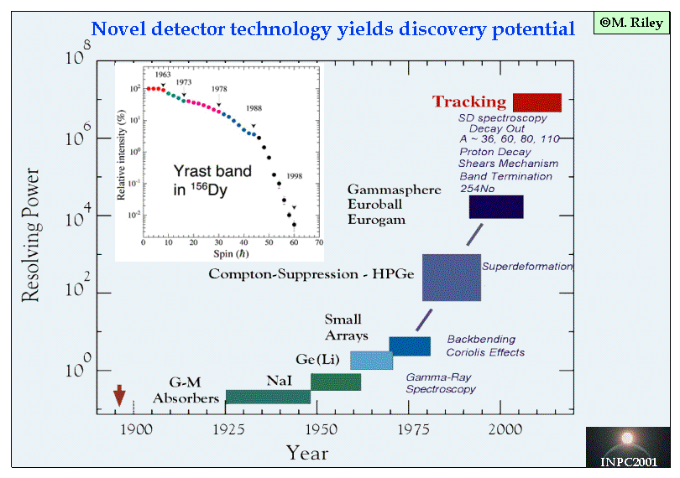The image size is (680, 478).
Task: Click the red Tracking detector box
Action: [x=536, y=102]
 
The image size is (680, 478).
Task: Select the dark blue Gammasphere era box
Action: [x=496, y=206]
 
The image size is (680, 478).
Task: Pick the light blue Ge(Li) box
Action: [x=371, y=361]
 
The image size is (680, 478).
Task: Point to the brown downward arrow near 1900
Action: [x=119, y=394]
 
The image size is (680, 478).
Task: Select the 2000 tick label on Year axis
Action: [x=504, y=429]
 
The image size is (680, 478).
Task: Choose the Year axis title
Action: [x=306, y=454]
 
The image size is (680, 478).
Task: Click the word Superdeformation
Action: [x=527, y=267]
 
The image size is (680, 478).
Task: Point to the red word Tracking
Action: [x=469, y=101]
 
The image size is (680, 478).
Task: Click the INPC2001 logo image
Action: [x=628, y=446]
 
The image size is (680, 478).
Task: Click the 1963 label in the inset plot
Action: [x=162, y=75]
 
